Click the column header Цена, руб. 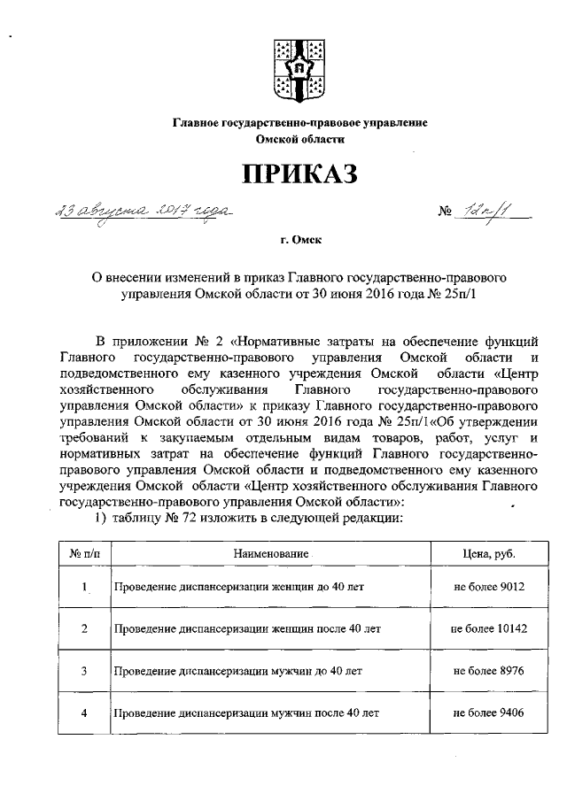coord(488,553)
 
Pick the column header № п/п coord(84,553)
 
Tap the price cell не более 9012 coord(488,587)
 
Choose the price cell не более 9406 coord(488,712)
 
